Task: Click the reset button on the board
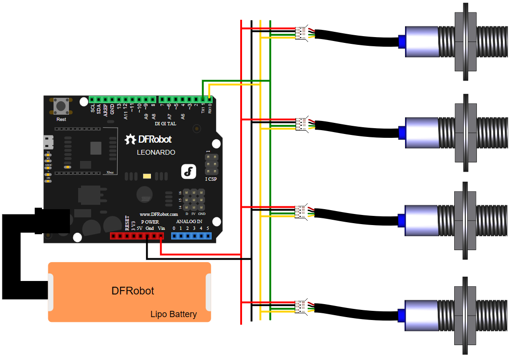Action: [61, 106]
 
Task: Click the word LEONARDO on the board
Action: [156, 152]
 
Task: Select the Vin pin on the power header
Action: [161, 236]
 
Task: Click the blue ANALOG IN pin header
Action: [191, 236]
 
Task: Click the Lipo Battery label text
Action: [174, 314]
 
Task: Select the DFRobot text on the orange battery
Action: [133, 291]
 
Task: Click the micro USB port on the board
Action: [47, 142]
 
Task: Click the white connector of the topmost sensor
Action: [301, 33]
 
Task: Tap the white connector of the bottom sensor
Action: [301, 306]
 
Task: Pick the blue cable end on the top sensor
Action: [401, 41]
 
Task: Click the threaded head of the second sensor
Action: [492, 132]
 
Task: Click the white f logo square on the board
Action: [188, 172]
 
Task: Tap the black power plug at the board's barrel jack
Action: [52, 221]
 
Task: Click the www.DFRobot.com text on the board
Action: [159, 213]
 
